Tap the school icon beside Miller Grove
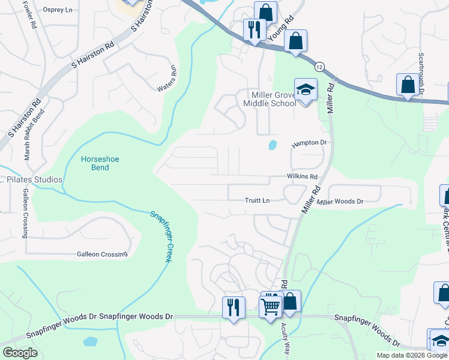[x=306, y=90]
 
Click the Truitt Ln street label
[x=257, y=200]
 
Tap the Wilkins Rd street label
[x=301, y=177]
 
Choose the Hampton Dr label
[x=312, y=143]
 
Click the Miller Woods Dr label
[x=340, y=202]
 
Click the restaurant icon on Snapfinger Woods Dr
[x=234, y=307]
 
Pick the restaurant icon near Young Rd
[x=255, y=29]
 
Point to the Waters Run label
[x=168, y=79]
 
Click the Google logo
[x=20, y=353]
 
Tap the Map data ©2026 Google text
[x=411, y=355]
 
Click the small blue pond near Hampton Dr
[x=273, y=145]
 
